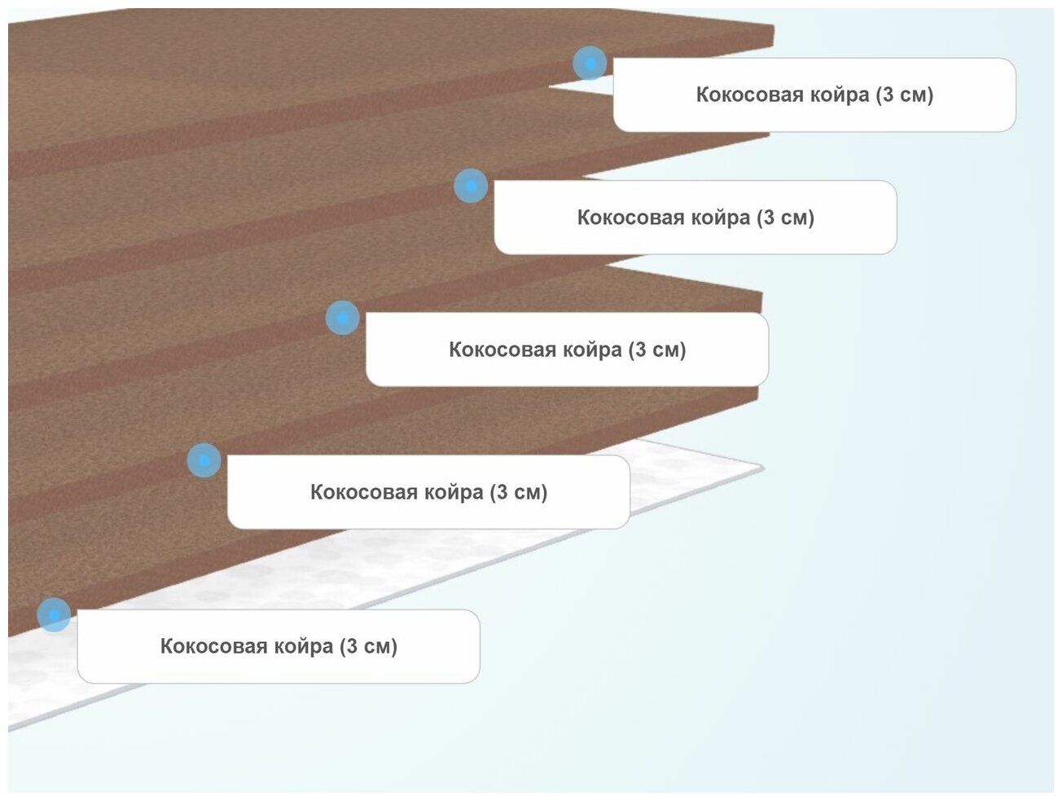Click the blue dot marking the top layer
click(589, 63)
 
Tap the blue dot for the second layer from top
click(471, 186)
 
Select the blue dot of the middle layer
click(342, 318)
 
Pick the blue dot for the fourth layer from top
click(204, 460)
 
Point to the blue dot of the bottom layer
click(54, 614)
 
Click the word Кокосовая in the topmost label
click(741, 95)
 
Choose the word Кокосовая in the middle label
click(494, 350)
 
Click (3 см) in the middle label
click(657, 350)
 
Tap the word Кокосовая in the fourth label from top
click(355, 492)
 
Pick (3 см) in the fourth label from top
click(519, 492)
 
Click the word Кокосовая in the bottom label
click(205, 646)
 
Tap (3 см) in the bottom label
click(369, 646)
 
